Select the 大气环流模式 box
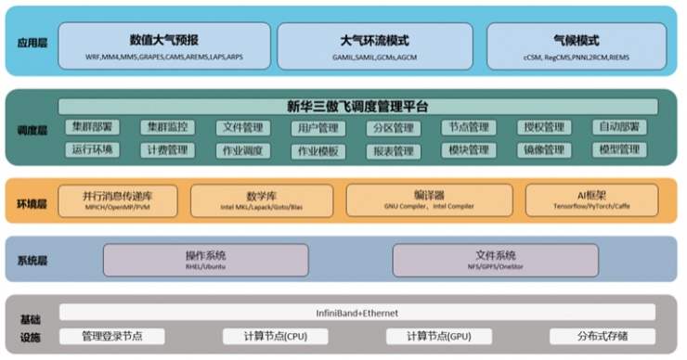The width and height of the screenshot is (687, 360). point(374,46)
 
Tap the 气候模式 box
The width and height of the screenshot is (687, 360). point(575,46)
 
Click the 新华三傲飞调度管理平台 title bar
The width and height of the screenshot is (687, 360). point(357,107)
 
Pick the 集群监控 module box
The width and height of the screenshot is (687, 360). point(167,127)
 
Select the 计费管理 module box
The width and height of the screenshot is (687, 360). point(167,149)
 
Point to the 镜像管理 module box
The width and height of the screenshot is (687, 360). point(543,149)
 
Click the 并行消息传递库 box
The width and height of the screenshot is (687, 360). point(117,200)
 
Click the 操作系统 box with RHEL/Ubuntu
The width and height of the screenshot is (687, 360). point(205,260)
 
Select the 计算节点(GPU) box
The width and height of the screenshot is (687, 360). point(430,336)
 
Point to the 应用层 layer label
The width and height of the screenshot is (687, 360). point(31,42)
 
